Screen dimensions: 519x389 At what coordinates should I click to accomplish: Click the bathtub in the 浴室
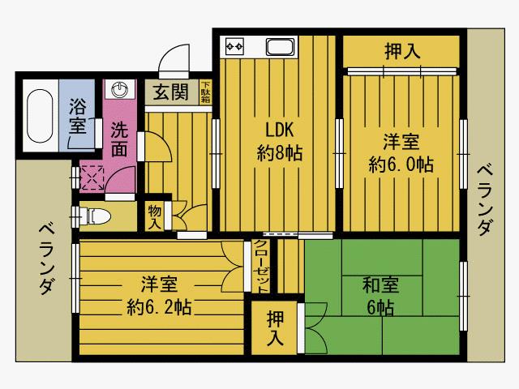[x=40, y=116]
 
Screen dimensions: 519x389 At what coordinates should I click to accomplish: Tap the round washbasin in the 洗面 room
[x=119, y=89]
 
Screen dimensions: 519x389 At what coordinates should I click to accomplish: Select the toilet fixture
[x=97, y=216]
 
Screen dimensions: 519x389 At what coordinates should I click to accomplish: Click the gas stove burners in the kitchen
[x=234, y=47]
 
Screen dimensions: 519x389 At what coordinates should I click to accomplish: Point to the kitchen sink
[x=280, y=47]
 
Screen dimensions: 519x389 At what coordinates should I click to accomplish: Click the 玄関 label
[x=171, y=92]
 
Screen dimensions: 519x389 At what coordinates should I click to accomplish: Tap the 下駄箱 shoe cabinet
[x=205, y=92]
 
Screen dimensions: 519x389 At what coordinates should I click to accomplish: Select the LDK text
[x=280, y=130]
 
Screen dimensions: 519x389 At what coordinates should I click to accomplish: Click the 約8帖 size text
[x=280, y=153]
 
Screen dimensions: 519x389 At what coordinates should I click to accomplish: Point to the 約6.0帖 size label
[x=401, y=165]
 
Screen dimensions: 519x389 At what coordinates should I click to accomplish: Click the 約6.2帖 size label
[x=159, y=307]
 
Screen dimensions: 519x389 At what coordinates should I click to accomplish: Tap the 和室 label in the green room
[x=380, y=285]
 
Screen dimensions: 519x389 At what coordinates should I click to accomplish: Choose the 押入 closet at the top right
[x=401, y=52]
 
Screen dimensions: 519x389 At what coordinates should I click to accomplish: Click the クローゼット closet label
[x=261, y=267]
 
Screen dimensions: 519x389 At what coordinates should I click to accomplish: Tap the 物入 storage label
[x=155, y=216]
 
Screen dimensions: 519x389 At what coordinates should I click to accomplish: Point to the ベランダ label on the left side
[x=47, y=259]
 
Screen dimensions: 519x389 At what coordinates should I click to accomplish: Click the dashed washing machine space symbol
[x=92, y=178]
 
